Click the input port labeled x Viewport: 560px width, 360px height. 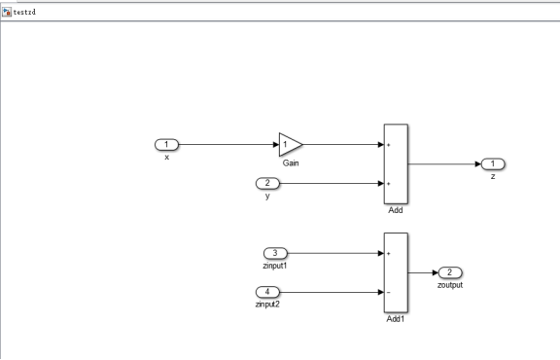click(x=166, y=145)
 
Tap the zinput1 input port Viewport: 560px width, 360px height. click(x=273, y=253)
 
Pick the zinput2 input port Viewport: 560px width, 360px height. click(x=266, y=292)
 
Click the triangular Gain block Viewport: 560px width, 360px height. click(x=289, y=145)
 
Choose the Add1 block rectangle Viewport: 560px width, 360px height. click(x=396, y=272)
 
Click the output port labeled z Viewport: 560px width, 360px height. click(x=493, y=163)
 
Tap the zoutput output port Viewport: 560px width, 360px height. click(x=450, y=272)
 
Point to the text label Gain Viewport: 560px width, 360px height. click(x=291, y=163)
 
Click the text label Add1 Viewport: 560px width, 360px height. click(x=396, y=318)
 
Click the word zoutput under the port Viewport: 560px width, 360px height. click(x=450, y=285)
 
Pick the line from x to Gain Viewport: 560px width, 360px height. click(x=227, y=145)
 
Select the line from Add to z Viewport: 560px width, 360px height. click(x=443, y=163)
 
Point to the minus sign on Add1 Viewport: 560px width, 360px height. click(x=390, y=292)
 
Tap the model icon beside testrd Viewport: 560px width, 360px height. click(x=7, y=10)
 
